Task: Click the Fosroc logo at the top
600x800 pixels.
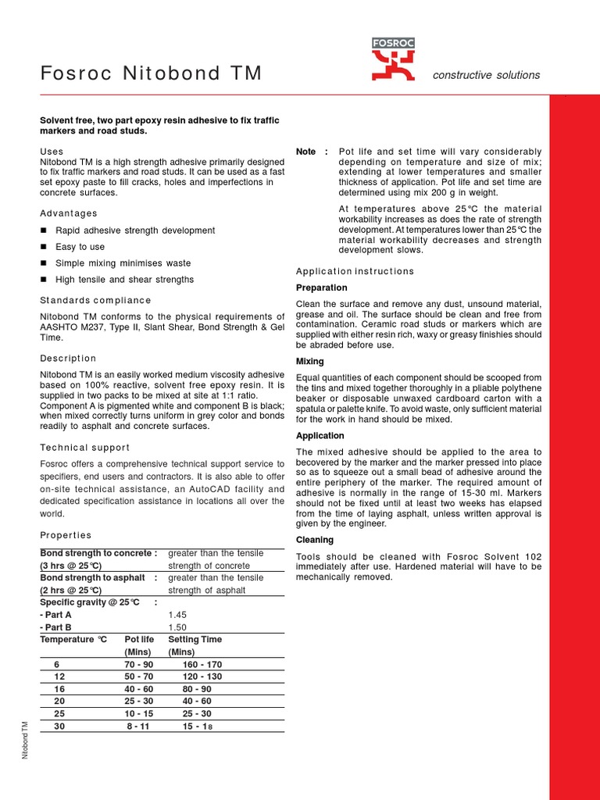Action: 393,60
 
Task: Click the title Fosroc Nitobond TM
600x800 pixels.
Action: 151,74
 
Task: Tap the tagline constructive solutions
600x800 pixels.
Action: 486,75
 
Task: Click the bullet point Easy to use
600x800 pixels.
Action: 80,247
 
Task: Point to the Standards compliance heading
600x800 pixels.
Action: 95,300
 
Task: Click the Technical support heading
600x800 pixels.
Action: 84,448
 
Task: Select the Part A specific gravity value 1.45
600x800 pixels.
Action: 178,615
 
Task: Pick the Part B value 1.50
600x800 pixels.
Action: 178,627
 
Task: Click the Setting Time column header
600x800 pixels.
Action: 195,639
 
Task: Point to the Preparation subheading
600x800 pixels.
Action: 322,287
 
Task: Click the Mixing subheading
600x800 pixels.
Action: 309,362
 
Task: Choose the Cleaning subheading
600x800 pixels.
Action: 315,540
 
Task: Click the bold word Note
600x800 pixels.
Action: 306,152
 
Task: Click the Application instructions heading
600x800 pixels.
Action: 355,271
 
